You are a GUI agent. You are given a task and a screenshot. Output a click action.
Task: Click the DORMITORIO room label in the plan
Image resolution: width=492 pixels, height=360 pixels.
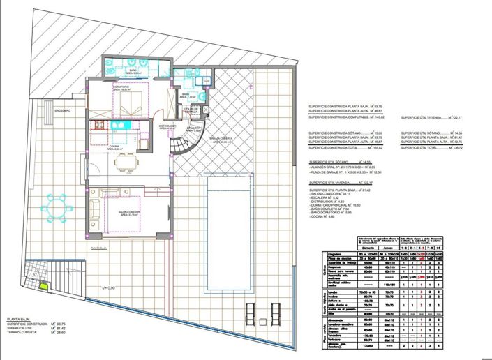(x=121, y=88)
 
